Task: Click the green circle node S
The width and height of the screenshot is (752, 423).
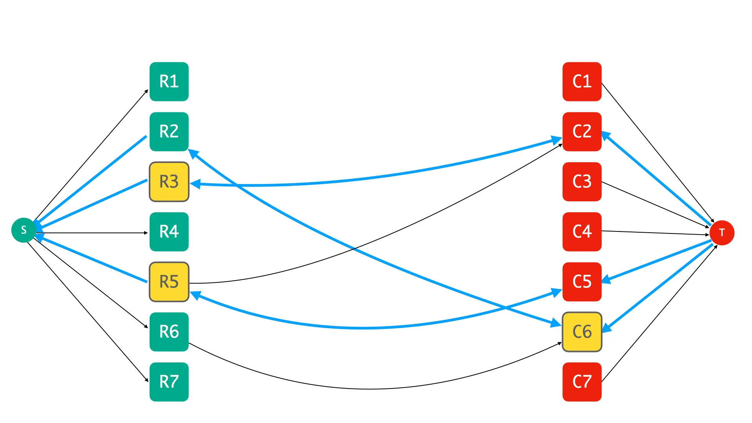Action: point(23,230)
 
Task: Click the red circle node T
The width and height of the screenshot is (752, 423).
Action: point(722,233)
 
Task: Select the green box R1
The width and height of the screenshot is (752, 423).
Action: point(169,81)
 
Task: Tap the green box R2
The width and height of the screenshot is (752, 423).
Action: point(169,132)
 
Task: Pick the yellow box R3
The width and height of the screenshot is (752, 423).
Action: point(169,182)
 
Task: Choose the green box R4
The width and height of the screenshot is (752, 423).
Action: point(169,232)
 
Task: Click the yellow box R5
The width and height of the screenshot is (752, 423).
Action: point(169,282)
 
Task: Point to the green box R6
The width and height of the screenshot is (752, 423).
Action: point(169,332)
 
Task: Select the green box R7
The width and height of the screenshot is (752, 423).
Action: point(169,382)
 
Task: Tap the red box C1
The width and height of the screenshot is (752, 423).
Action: point(582,81)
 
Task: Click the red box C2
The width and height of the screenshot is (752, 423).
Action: point(582,132)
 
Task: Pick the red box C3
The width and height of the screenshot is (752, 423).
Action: point(582,182)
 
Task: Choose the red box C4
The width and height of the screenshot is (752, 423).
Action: point(582,232)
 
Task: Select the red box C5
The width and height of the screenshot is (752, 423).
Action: point(582,282)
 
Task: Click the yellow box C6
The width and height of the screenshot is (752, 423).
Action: point(582,332)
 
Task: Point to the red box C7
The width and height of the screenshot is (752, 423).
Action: point(582,382)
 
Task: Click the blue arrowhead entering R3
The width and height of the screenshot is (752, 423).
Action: point(195,184)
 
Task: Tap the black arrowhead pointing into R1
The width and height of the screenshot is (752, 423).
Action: point(146,92)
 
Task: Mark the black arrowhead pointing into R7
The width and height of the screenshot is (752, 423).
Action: point(146,380)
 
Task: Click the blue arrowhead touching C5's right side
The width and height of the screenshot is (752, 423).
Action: point(606,279)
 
